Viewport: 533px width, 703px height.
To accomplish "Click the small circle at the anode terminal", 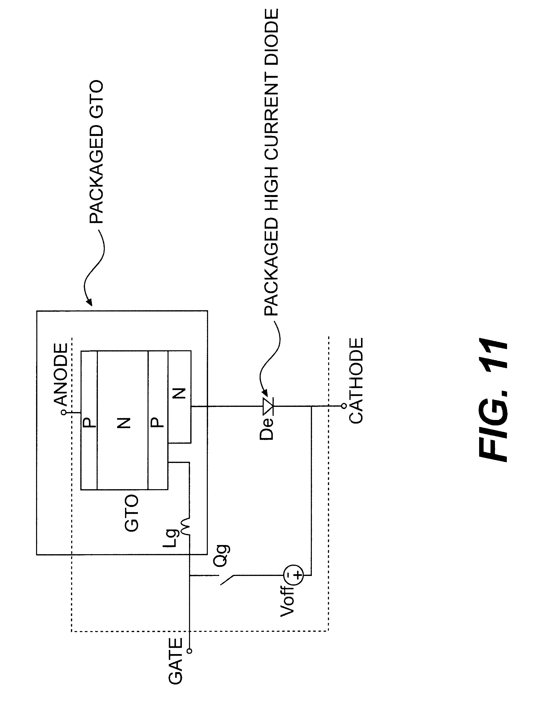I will click(x=64, y=413).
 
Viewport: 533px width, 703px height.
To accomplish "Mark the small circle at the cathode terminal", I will click(x=343, y=406).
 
